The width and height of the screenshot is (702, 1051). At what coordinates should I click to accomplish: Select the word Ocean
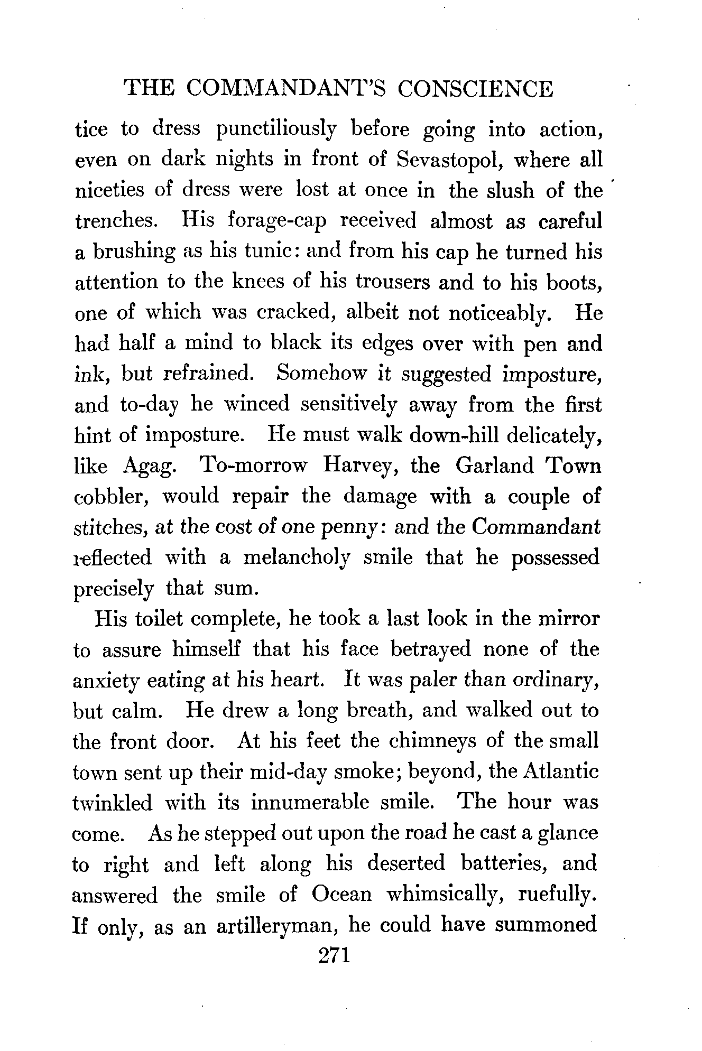tap(341, 894)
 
